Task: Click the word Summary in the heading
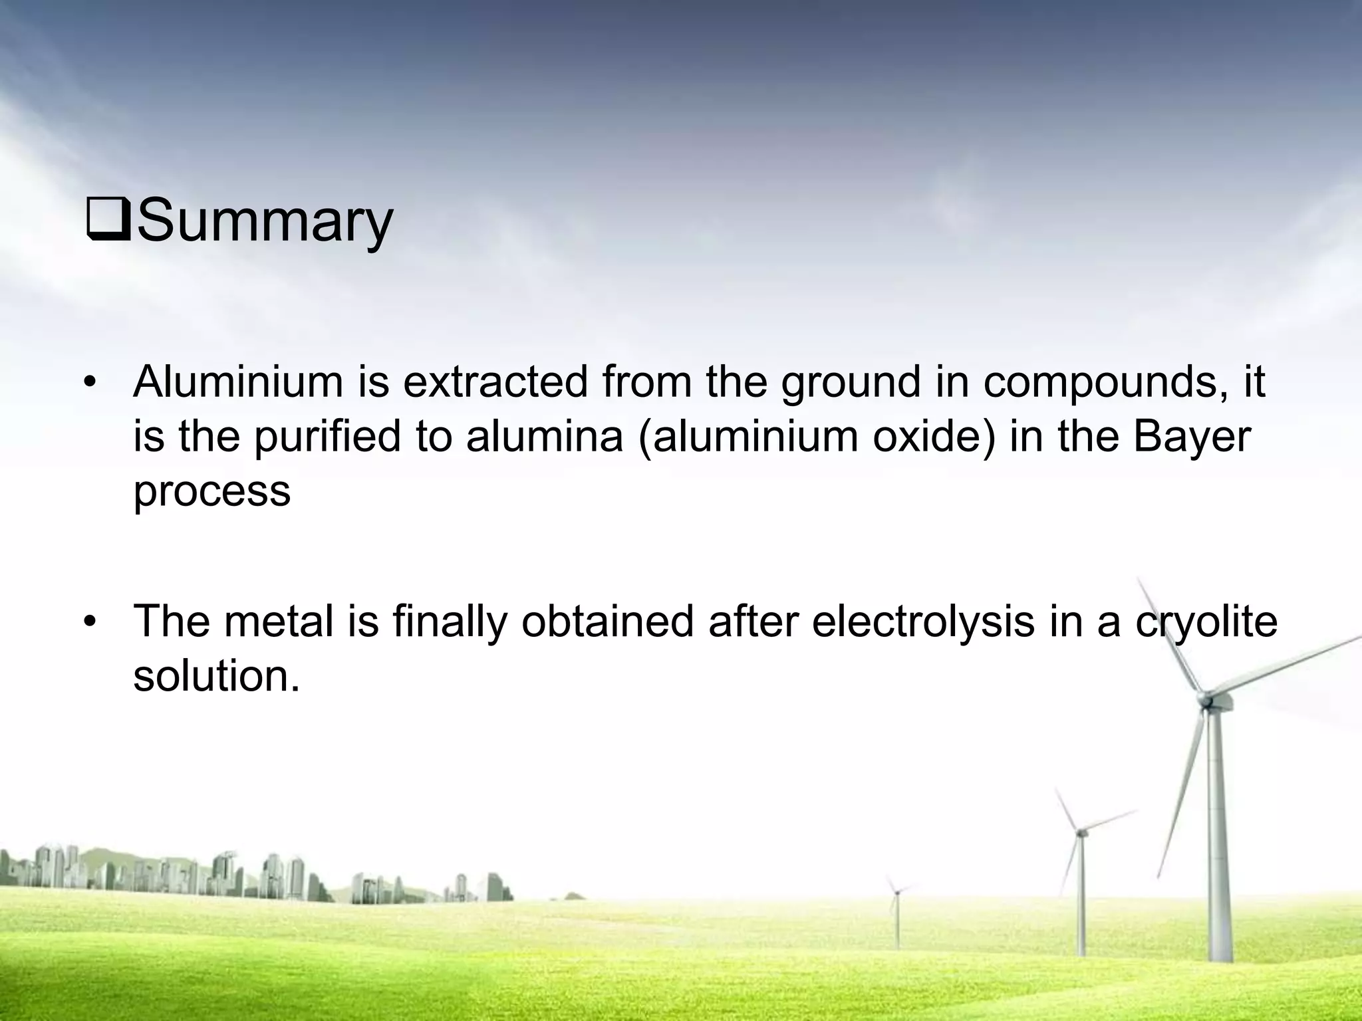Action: click(265, 221)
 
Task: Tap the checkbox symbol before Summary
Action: click(109, 223)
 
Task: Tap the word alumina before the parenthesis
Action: click(544, 437)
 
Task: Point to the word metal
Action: click(279, 622)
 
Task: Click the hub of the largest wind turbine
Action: click(1204, 699)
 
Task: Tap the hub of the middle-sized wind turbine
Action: click(1081, 832)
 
